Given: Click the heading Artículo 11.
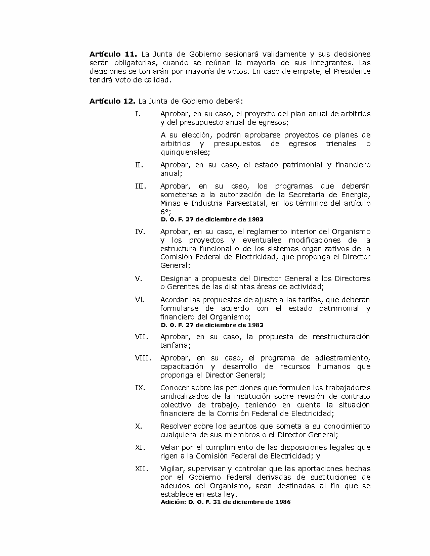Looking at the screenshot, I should click(113, 54).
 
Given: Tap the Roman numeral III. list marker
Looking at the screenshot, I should click(140, 186).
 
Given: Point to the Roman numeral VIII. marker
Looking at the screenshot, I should click(143, 358).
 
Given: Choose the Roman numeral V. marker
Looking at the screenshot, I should click(138, 279).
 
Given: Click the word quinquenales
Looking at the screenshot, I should click(185, 152).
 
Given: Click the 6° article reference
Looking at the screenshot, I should click(165, 212).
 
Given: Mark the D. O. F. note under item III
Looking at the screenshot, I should click(212, 219).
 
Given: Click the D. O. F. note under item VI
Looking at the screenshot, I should click(212, 325).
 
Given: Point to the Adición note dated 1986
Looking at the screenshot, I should click(226, 502).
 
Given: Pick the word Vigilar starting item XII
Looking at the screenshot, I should click(171, 469).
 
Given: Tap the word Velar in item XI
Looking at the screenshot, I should click(169, 447).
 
